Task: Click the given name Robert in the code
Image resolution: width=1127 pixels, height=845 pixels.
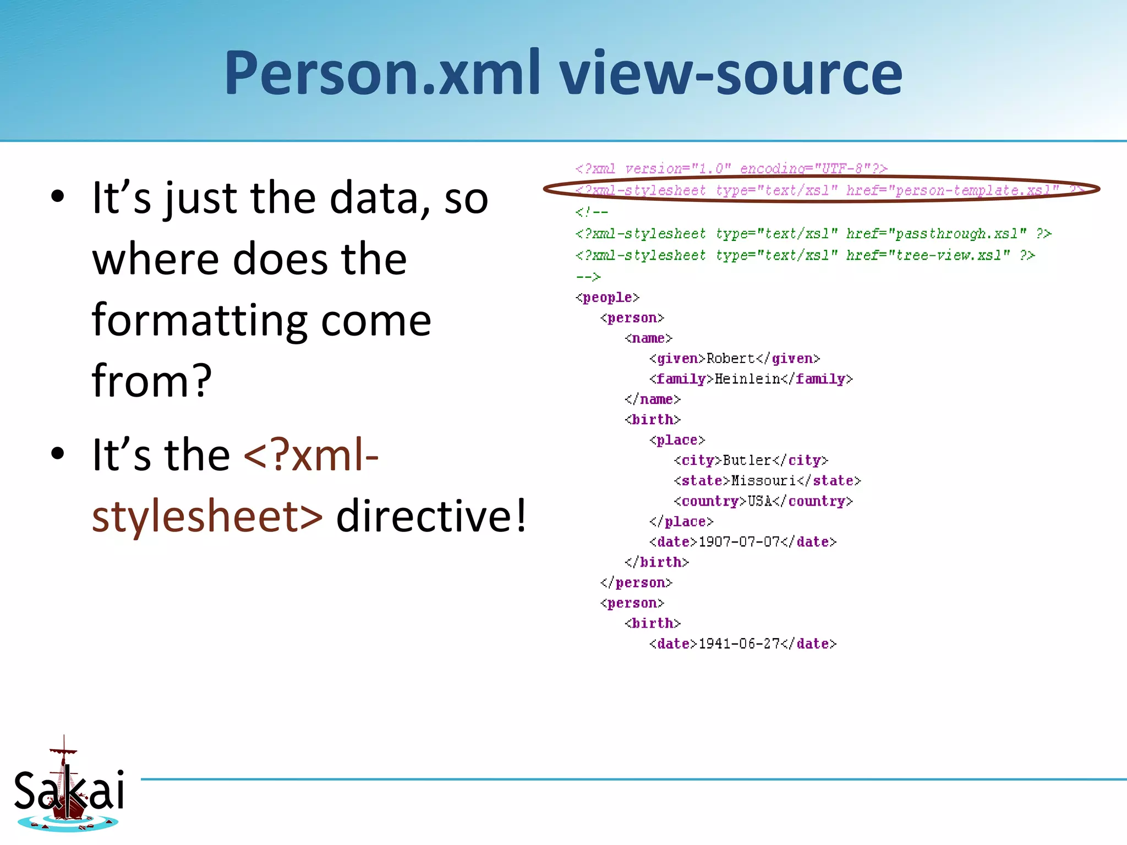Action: coord(730,359)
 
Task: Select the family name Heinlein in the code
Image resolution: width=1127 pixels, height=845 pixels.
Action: coord(747,379)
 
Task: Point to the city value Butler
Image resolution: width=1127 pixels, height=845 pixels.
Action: coord(747,460)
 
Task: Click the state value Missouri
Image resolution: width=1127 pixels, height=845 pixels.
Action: coord(763,481)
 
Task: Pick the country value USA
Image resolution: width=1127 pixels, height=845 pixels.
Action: coord(759,501)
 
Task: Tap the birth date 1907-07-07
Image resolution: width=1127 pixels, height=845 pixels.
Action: coord(739,542)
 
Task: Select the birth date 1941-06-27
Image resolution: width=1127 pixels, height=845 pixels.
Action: coord(739,644)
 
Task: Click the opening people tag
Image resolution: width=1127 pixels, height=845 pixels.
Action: coord(608,298)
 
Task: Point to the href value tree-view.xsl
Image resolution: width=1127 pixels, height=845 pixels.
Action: coord(949,255)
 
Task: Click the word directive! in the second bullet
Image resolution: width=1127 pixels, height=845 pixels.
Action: coord(431,515)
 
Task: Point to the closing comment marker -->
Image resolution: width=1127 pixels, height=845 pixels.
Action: coord(588,277)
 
